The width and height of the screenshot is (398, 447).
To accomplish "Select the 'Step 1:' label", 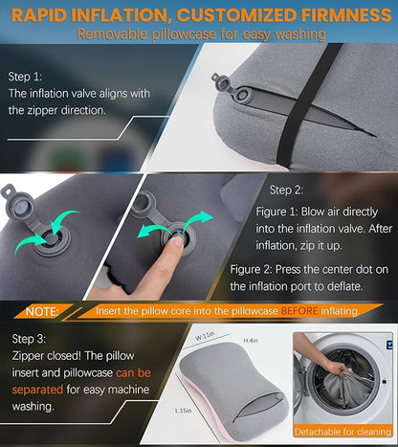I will point(30,74).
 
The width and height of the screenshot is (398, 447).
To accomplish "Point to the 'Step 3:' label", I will point(30,338).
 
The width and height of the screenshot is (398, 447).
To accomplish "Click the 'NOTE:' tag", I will point(43,311).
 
